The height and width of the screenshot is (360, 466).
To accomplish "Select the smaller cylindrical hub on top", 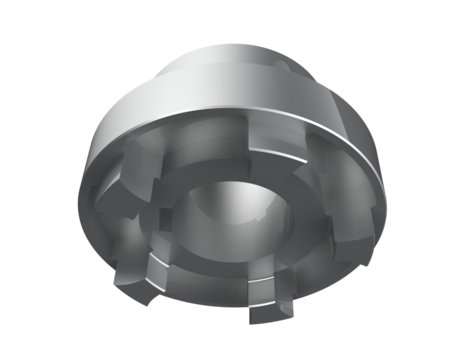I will coord(250,75).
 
